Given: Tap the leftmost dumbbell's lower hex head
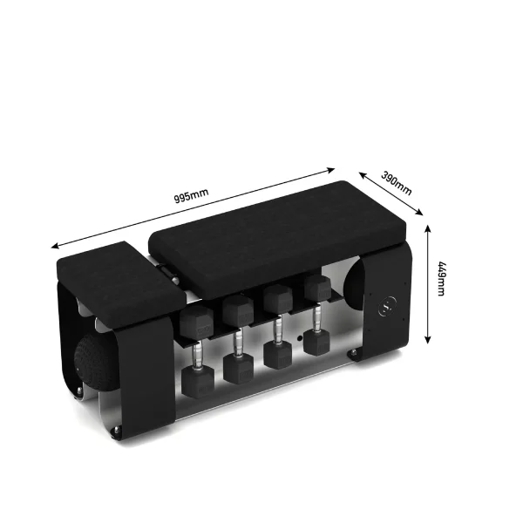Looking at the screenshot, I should tap(196, 382).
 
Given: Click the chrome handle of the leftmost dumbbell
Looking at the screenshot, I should tap(196, 351).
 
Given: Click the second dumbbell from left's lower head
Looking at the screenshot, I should tap(238, 367).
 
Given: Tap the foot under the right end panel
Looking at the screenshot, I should tap(355, 354).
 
